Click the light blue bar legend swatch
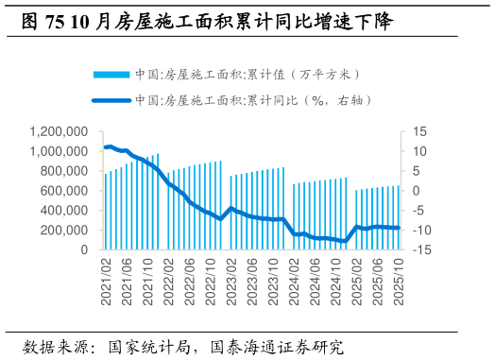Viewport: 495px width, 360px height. point(111,74)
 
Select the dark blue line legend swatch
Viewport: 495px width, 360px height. point(111,99)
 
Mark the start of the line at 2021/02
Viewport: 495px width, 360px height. point(106,147)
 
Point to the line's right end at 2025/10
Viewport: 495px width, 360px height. point(399,228)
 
